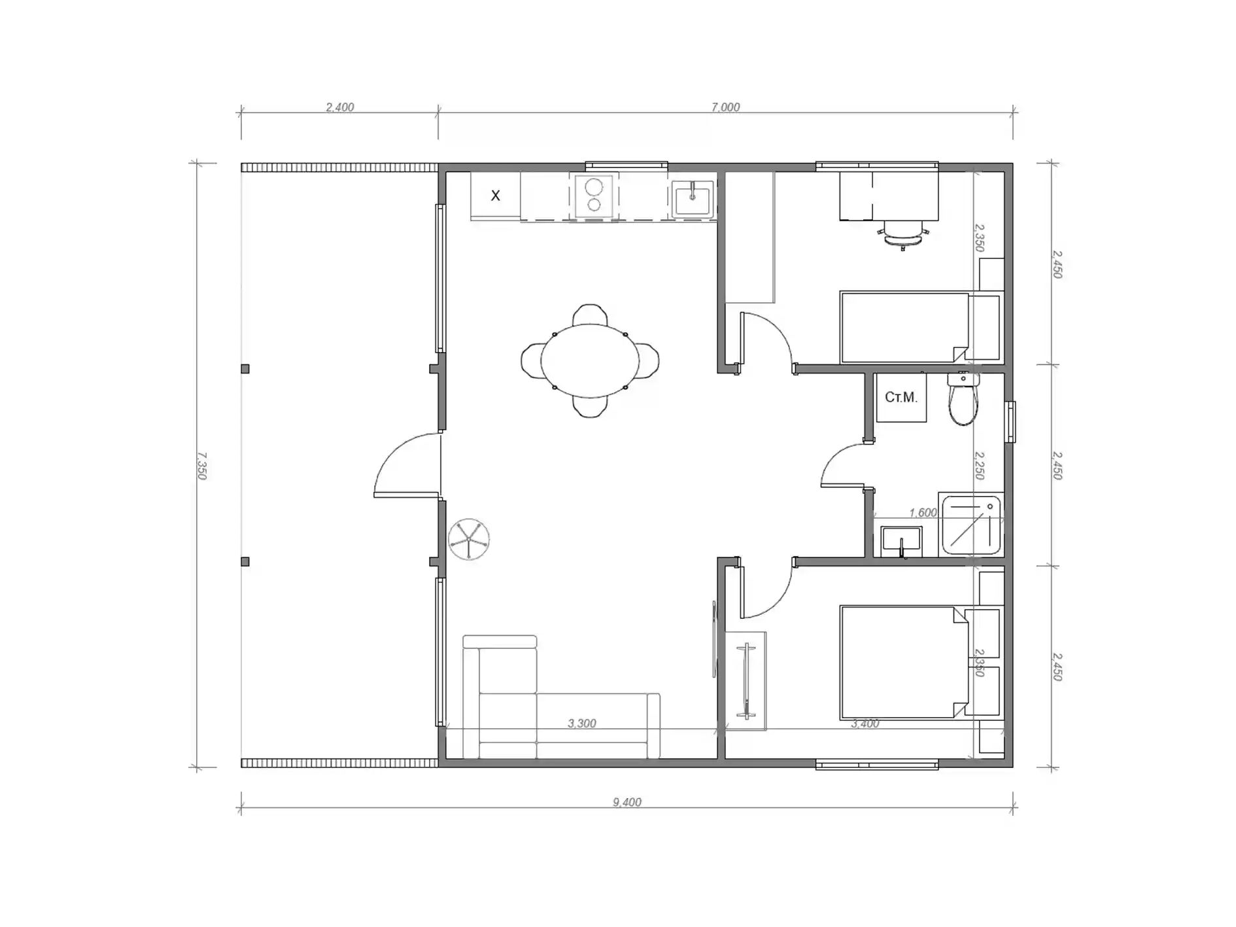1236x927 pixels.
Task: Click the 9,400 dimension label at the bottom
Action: point(627,802)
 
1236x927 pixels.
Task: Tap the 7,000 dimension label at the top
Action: point(725,107)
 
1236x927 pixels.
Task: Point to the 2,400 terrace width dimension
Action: point(339,107)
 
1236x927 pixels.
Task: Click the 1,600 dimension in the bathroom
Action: point(923,513)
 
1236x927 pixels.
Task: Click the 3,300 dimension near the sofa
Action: point(581,724)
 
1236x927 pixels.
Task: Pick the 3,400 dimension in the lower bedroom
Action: point(865,724)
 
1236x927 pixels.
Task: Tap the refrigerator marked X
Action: point(495,196)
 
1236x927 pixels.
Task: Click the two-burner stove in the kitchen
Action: point(594,196)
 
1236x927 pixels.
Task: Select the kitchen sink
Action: point(693,197)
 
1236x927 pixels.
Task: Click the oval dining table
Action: point(590,360)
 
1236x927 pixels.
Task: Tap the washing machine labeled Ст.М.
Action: point(901,397)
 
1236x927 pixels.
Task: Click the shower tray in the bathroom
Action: point(970,525)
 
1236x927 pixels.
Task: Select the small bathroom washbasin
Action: point(901,541)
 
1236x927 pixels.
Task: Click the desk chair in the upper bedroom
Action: point(902,235)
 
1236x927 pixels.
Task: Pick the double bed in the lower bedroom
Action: point(904,662)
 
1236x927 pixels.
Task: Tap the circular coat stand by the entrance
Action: point(469,539)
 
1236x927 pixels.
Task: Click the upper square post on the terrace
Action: point(245,369)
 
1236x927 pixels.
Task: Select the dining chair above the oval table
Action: point(590,315)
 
